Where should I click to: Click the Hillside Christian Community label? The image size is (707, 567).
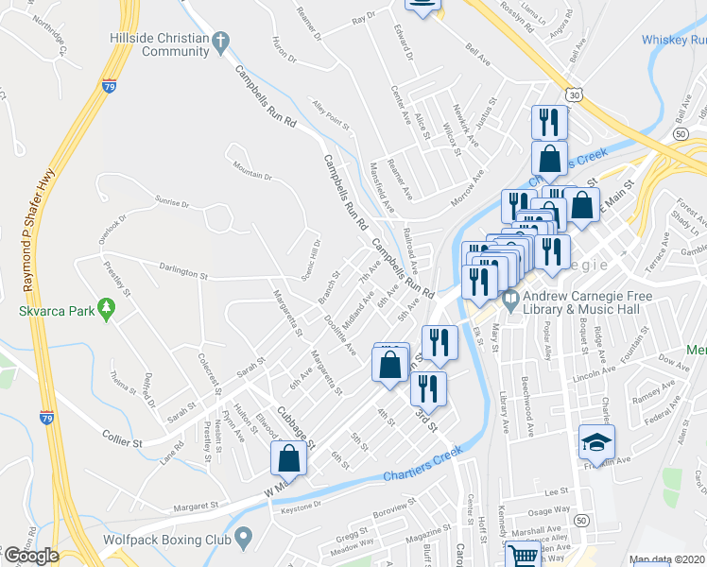(161, 43)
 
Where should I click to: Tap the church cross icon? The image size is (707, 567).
(220, 41)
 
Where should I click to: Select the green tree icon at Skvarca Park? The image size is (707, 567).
(107, 308)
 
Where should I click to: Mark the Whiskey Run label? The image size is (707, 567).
(673, 40)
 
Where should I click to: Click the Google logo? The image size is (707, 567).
(30, 556)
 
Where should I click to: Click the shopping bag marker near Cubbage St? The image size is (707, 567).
(289, 460)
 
